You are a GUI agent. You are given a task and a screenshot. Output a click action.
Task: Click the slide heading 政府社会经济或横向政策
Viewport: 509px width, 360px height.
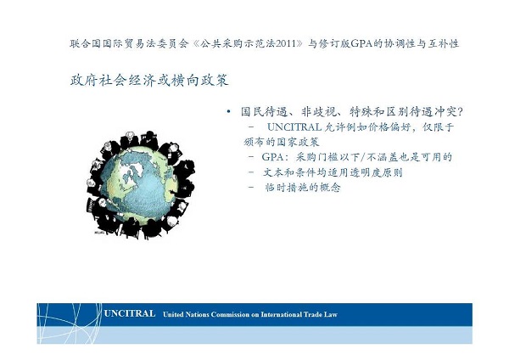coord(149,81)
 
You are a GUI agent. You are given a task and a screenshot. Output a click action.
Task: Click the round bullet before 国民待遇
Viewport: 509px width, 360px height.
coord(229,112)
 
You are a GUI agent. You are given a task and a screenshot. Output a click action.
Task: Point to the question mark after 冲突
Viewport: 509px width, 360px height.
coord(459,112)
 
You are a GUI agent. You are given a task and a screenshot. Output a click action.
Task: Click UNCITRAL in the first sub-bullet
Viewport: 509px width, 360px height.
coord(294,127)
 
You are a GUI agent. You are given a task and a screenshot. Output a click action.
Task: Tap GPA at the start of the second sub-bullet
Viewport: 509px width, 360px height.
coord(273,157)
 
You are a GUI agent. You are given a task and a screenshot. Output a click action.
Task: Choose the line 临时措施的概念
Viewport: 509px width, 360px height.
coord(303,188)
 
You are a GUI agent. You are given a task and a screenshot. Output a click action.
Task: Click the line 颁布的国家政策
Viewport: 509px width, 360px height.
coord(282,142)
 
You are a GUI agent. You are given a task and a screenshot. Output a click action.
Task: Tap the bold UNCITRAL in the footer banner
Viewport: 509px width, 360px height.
coord(130,313)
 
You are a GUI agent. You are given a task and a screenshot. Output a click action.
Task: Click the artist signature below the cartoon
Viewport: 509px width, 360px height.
coord(98,233)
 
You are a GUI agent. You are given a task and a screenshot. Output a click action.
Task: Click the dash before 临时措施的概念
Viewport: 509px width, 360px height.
coord(251,188)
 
